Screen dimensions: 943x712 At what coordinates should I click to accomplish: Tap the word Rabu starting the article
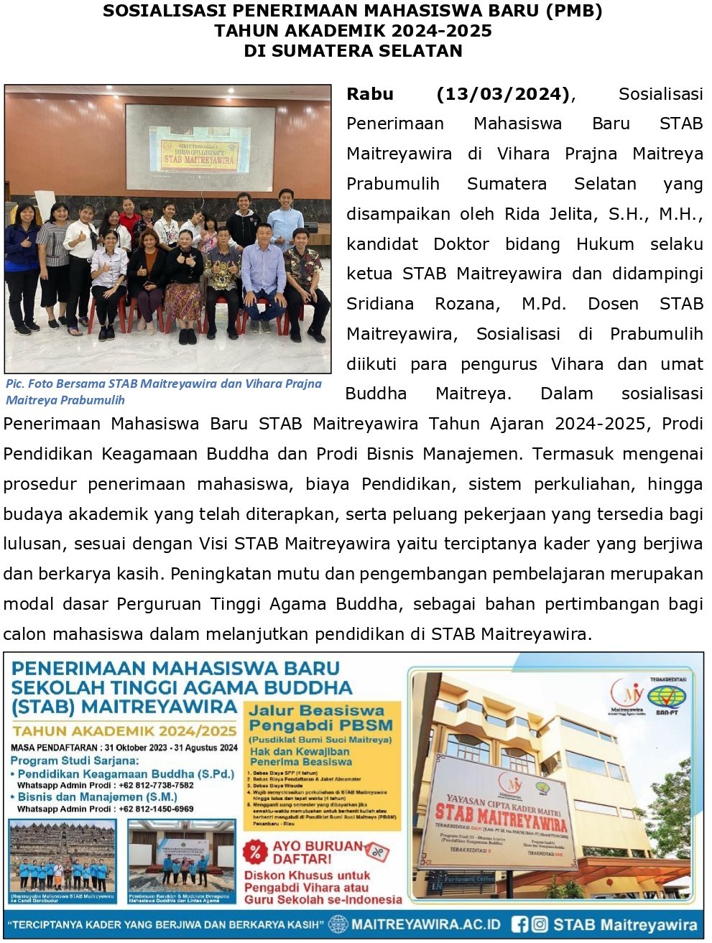click(370, 94)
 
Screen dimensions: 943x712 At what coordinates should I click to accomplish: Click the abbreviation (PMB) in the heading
click(568, 11)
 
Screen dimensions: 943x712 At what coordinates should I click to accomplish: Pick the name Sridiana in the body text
click(380, 304)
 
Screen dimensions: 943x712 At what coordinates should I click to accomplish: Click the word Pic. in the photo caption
click(14, 384)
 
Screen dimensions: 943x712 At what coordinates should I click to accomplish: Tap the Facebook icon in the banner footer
click(519, 924)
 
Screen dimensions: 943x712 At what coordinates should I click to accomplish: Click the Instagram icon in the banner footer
click(539, 924)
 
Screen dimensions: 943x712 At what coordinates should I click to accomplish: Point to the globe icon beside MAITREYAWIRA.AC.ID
click(338, 924)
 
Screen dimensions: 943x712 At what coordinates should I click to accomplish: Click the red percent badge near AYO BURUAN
click(255, 853)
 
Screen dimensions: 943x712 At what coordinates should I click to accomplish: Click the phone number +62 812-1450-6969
click(156, 809)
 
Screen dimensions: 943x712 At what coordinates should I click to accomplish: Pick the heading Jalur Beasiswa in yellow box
click(316, 710)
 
